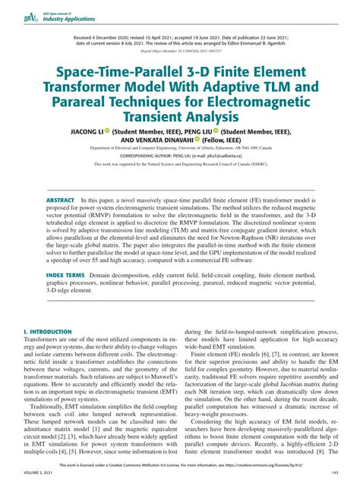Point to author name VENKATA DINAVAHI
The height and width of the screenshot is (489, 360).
pos(157,140)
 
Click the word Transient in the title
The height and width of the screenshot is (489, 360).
pos(180,117)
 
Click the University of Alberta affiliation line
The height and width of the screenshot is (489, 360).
pos(180,148)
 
